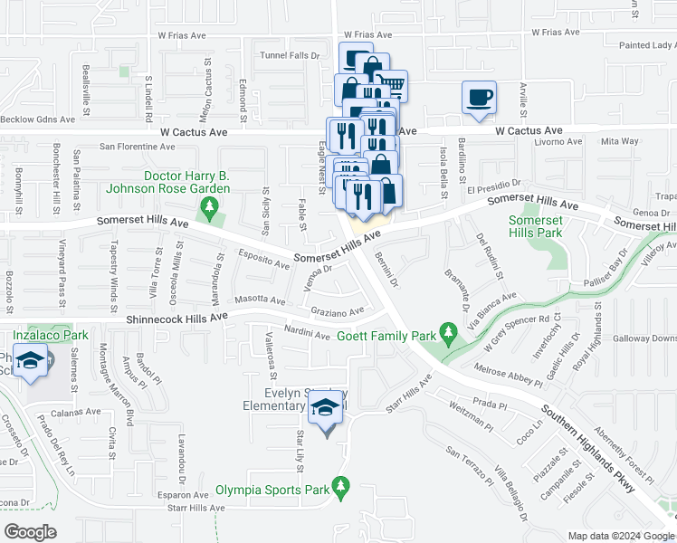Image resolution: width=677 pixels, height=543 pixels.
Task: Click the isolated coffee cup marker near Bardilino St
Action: pos(479,97)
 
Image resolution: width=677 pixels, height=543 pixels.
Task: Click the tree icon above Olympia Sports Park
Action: pos(341,488)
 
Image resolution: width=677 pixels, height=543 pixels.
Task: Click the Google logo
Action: pos(31,532)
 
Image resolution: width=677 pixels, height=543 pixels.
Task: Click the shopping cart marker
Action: pos(391,86)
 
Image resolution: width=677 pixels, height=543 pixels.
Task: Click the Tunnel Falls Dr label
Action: pos(291,55)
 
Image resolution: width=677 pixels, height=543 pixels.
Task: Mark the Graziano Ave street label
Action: pos(338,311)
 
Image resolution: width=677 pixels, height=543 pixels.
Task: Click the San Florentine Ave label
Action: pos(148,146)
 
